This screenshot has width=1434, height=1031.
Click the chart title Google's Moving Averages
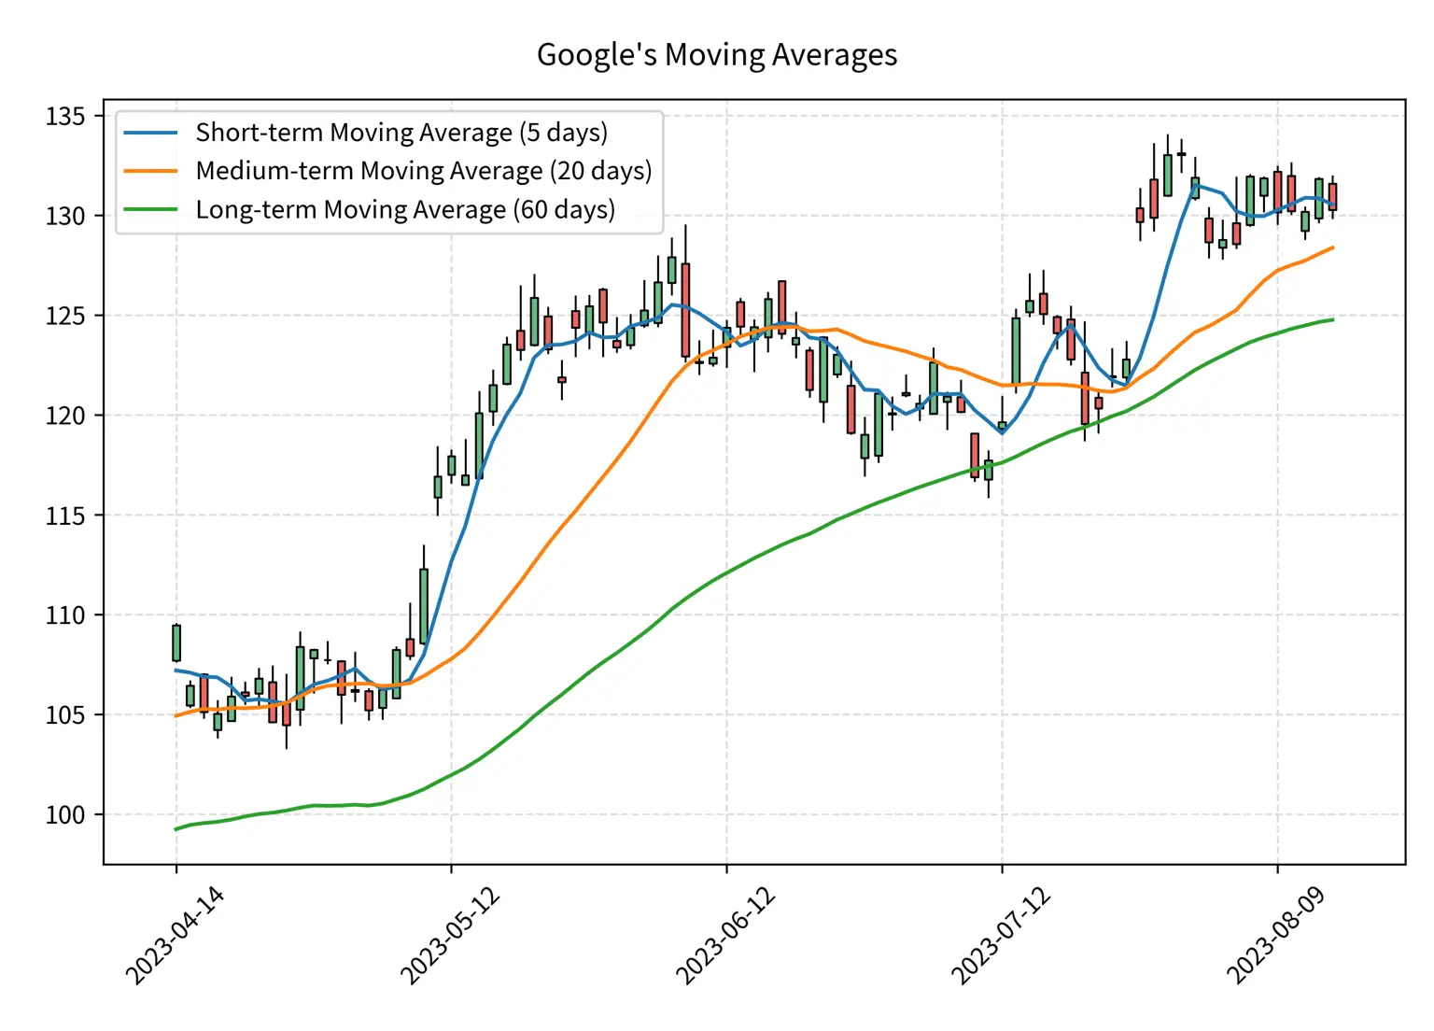click(716, 55)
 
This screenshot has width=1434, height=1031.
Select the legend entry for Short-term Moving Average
click(401, 133)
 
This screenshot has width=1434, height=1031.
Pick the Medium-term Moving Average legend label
click(423, 171)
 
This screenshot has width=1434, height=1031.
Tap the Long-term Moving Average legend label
click(405, 209)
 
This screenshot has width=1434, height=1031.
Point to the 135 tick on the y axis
click(64, 117)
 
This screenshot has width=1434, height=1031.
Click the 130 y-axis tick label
click(64, 216)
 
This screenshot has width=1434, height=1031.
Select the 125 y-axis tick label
click(64, 316)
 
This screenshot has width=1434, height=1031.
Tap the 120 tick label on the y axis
click(64, 416)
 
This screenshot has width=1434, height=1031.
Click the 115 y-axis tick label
click(64, 515)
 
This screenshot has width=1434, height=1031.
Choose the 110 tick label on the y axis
click(64, 615)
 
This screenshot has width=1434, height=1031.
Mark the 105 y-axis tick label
click(64, 715)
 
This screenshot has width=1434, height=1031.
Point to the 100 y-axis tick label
click(64, 815)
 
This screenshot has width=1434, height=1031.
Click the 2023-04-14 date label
click(175, 936)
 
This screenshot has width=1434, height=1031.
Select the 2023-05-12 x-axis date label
click(450, 936)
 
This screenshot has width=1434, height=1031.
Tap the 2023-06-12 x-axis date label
click(725, 936)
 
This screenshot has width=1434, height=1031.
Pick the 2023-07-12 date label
click(1001, 936)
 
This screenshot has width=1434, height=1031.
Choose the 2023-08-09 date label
click(1276, 936)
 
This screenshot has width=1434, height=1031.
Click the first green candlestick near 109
click(176, 643)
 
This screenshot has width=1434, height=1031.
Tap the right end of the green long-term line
click(1332, 319)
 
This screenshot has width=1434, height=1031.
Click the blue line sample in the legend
click(150, 133)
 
